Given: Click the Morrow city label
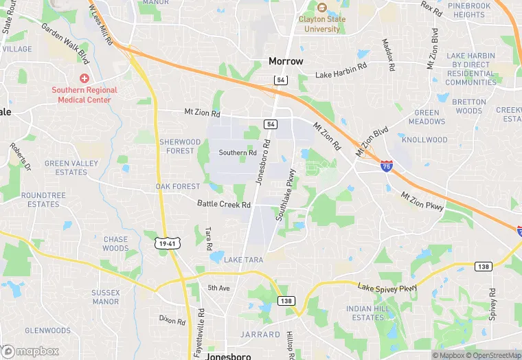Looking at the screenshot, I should coord(285,61).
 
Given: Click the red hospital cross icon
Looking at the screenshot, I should coord(84,79).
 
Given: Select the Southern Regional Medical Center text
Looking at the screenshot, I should coord(84,95).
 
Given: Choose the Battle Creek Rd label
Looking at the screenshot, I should coord(223,204).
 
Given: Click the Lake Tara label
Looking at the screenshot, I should coord(243,260).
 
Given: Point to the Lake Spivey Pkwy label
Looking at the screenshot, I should coord(387,287).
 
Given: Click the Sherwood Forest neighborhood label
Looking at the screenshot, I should coord(181,146).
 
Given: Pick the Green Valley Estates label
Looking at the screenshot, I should coord(66,168).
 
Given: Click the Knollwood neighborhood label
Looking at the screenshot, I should coord(424,139).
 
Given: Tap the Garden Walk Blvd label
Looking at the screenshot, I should coord(65,41).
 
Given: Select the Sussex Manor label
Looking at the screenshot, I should coord(105,297).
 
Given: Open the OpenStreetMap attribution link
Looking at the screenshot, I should coord(493,355).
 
